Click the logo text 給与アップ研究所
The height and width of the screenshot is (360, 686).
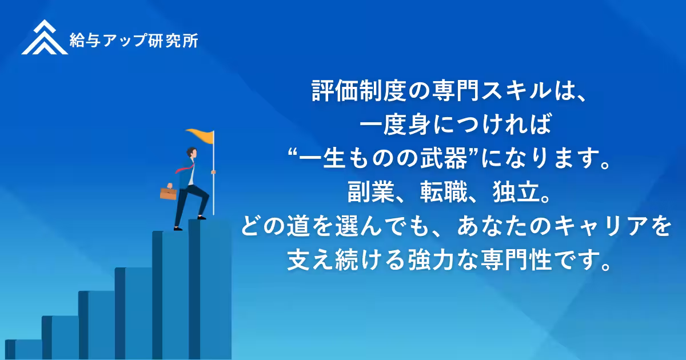(x=134, y=40)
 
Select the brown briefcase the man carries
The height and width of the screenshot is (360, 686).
(x=168, y=193)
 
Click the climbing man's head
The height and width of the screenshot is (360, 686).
(x=192, y=153)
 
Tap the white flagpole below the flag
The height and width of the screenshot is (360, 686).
(x=213, y=183)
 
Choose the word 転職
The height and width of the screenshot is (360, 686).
(x=443, y=193)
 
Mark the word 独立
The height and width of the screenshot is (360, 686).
(x=512, y=193)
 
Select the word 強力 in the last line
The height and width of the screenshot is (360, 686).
(x=426, y=261)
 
